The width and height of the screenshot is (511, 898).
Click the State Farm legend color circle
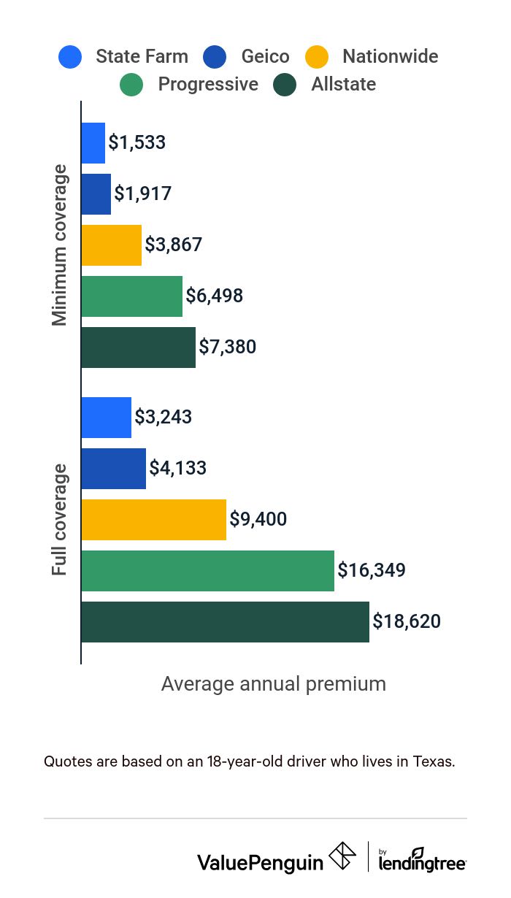[70, 57]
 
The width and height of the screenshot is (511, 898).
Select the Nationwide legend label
[390, 57]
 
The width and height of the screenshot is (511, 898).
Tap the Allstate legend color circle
[285, 85]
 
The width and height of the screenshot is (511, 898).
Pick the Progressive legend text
[208, 85]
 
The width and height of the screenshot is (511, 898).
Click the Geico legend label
[266, 57]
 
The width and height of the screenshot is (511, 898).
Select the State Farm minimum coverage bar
[93, 143]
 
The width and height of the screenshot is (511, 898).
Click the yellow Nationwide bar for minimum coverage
[111, 245]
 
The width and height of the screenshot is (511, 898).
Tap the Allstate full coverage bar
[225, 622]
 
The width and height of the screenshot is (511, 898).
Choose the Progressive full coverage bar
[207, 571]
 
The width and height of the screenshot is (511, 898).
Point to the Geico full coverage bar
[113, 469]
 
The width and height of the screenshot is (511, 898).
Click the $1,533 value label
[137, 142]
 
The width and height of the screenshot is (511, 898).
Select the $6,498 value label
[215, 296]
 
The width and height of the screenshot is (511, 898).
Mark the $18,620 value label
[407, 621]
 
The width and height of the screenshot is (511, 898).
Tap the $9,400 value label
[258, 519]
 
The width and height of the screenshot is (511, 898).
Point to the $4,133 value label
[178, 468]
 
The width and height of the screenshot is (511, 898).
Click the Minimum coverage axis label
[60, 245]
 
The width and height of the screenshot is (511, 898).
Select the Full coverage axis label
[60, 519]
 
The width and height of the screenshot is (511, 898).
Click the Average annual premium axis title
[273, 684]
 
